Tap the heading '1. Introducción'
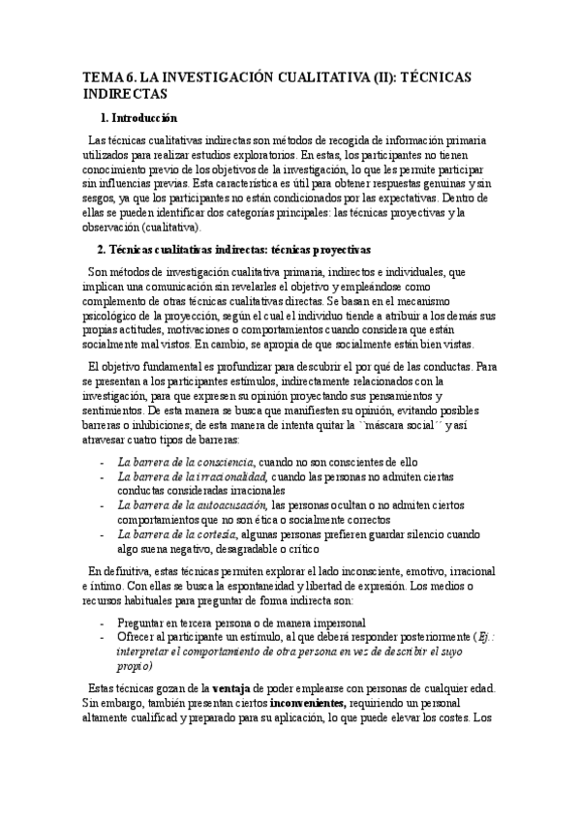(138, 118)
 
